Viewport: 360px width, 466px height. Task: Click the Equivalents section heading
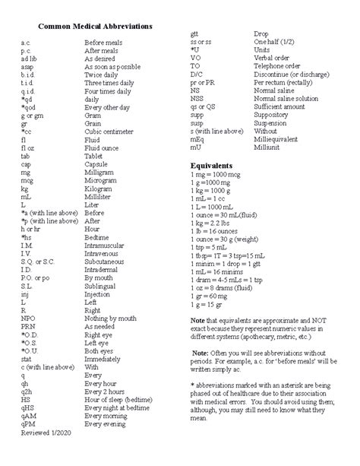(x=211, y=166)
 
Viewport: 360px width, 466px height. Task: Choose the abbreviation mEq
(x=197, y=140)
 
